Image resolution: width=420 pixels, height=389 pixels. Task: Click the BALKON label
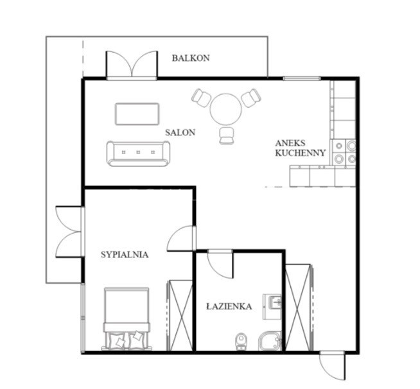191,58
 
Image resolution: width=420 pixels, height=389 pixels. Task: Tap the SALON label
180,132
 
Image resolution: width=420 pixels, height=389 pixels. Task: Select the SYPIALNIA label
125,255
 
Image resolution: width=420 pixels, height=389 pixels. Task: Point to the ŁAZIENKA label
229,306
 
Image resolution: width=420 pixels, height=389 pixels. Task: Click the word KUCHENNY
301,153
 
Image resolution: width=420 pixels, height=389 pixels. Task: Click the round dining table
226,109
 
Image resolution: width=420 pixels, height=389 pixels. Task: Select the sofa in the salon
138,153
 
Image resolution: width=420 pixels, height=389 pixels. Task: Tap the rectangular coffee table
137,114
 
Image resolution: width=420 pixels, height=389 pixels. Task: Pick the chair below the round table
226,135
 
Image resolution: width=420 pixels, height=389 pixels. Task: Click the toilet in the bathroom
241,341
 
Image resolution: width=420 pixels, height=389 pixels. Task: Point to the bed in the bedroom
126,319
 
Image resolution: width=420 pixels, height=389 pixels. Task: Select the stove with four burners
344,152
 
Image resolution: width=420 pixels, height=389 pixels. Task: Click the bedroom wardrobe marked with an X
180,315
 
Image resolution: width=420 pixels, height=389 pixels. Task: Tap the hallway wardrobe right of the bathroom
298,307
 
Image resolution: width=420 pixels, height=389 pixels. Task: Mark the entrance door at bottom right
332,365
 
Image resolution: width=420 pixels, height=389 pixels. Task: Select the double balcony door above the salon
132,65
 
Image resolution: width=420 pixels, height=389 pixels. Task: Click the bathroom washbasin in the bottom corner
270,341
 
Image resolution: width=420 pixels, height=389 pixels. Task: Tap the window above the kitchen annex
302,79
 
